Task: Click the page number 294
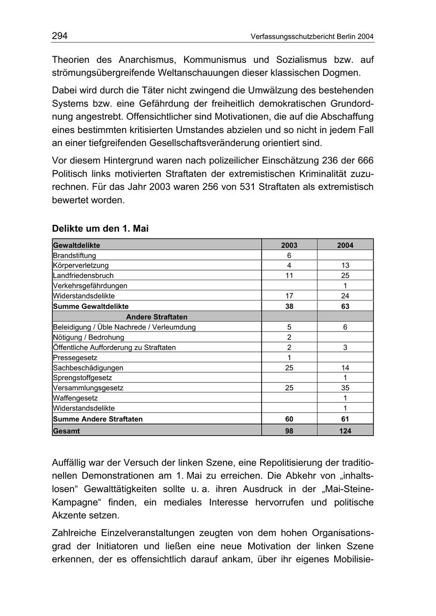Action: point(60,36)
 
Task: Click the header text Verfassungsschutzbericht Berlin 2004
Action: point(312,37)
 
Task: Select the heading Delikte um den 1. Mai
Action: point(100,228)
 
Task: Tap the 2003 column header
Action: point(289,245)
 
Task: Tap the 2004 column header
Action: point(345,245)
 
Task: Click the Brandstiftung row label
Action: point(75,255)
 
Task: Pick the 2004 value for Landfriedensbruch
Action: point(345,275)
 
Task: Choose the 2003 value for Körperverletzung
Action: point(289,265)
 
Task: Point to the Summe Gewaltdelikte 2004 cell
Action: point(345,306)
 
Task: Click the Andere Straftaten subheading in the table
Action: point(156,317)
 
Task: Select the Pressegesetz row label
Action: point(75,358)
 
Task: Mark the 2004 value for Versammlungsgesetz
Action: point(345,388)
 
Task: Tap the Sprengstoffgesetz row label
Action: point(82,377)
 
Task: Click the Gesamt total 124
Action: point(345,431)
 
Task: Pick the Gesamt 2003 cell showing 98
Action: point(289,431)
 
